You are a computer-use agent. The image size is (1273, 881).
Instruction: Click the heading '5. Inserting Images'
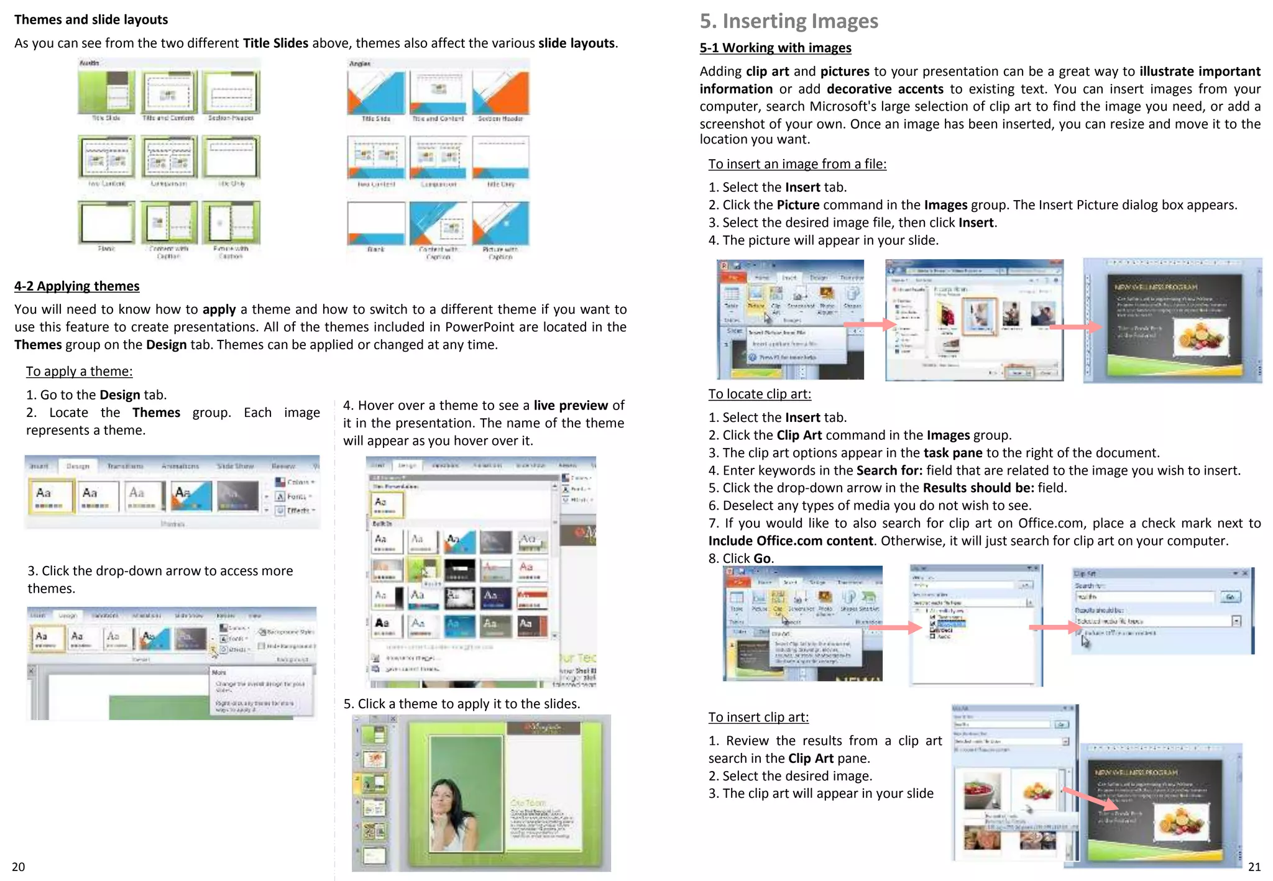pyautogui.click(x=788, y=21)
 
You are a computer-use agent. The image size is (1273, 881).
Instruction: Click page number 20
pyautogui.click(x=19, y=867)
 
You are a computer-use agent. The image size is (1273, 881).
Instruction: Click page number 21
pyautogui.click(x=1254, y=867)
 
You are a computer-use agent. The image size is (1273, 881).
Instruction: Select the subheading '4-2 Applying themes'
pyautogui.click(x=77, y=286)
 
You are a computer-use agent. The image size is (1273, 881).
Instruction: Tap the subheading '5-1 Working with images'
pyautogui.click(x=775, y=48)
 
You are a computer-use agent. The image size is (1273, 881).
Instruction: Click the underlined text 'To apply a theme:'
pyautogui.click(x=79, y=372)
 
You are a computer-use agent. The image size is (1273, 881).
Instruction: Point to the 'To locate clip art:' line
pyautogui.click(x=759, y=394)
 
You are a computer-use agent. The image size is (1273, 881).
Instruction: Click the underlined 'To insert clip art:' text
pyautogui.click(x=758, y=717)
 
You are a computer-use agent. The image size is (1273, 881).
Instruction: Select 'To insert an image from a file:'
pyautogui.click(x=797, y=164)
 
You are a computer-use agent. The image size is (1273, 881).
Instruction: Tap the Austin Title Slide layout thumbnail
pyautogui.click(x=106, y=92)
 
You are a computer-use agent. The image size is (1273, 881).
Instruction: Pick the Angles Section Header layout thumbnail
pyautogui.click(x=500, y=93)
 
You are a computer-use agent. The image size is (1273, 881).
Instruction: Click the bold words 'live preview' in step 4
pyautogui.click(x=570, y=406)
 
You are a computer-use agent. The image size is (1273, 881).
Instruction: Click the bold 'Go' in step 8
pyautogui.click(x=762, y=559)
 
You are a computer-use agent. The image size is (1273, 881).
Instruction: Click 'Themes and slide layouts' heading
pyautogui.click(x=91, y=19)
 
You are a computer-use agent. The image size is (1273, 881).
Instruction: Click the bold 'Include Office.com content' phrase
pyautogui.click(x=791, y=541)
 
